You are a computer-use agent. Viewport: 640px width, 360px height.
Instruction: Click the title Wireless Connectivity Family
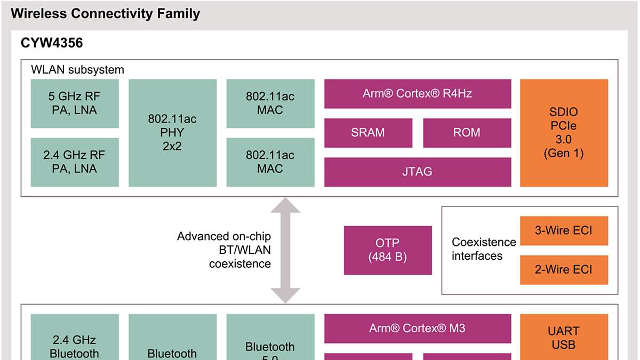click(105, 14)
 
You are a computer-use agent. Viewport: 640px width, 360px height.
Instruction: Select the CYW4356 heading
click(52, 43)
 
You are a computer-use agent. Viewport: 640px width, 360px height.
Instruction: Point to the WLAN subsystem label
click(77, 69)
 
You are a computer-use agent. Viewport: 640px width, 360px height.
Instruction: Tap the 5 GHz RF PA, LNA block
click(74, 103)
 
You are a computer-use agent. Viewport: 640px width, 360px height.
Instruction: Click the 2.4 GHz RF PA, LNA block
click(74, 162)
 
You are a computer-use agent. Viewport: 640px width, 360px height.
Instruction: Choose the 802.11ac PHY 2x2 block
click(172, 133)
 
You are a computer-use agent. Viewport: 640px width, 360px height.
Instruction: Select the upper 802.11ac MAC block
click(270, 103)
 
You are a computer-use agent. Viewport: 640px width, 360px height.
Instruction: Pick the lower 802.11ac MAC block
click(270, 162)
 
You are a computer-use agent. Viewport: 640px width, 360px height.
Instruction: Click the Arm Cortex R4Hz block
click(418, 94)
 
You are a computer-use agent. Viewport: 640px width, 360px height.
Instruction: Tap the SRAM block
click(368, 133)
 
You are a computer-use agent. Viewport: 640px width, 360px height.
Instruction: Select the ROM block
click(467, 133)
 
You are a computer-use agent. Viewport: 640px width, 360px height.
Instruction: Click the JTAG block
click(418, 172)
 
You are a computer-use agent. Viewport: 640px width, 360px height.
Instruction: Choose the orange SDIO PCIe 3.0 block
click(564, 133)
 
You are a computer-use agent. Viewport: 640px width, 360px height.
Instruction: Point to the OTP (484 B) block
click(388, 250)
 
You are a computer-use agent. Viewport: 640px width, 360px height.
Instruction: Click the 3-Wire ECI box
click(564, 230)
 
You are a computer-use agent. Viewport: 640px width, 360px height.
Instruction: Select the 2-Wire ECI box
click(564, 270)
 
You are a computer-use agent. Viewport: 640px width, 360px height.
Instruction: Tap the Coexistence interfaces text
click(484, 249)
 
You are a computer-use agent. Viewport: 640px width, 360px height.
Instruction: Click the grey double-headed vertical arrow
click(285, 250)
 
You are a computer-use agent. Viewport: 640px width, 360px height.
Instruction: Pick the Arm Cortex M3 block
click(418, 328)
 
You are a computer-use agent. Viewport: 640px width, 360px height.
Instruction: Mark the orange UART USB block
click(564, 337)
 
